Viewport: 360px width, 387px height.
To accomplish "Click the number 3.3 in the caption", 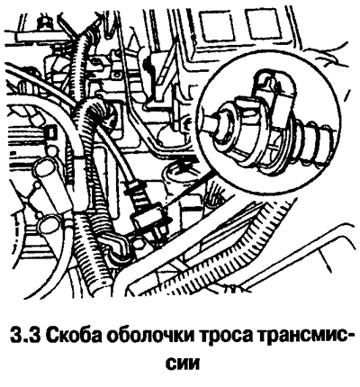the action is pos(25,335).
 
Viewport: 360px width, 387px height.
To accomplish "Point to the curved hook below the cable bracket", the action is pos(116,246).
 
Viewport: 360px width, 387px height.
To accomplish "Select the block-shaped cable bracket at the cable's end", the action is pos(149,220).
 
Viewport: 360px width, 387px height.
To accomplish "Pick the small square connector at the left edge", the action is pos(50,132).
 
